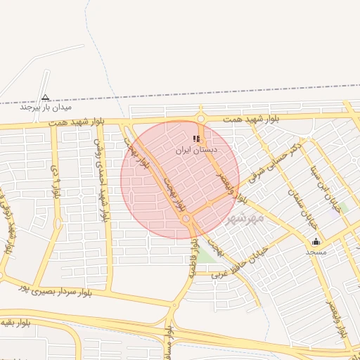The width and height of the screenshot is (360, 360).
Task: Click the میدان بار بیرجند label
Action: coord(46,108)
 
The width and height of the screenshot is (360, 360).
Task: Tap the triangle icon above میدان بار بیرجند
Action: coord(46,98)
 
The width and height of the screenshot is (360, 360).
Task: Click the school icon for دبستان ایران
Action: coord(195,139)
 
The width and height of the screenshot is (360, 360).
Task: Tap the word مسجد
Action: coord(316,251)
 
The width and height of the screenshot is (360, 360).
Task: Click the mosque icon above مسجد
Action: coord(316,242)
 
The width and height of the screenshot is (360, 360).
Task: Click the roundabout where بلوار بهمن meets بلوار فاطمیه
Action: coord(188,220)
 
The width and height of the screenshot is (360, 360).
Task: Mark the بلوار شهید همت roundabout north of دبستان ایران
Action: coord(200,118)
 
